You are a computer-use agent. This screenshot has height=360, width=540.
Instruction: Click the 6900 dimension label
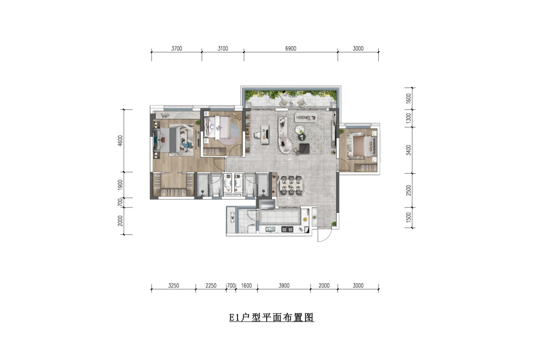(290, 49)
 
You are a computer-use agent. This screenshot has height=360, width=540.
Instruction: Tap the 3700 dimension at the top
(177, 49)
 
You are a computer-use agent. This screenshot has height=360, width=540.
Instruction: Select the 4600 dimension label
(120, 140)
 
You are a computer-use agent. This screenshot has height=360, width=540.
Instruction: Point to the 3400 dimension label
(408, 150)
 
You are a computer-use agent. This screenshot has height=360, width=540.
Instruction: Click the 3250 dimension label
(174, 286)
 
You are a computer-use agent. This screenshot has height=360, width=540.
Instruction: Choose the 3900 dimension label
(284, 286)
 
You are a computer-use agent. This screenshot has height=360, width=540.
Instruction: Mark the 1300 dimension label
(408, 118)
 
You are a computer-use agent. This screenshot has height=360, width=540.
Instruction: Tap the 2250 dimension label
(211, 286)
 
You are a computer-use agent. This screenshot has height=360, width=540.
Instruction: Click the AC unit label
(232, 217)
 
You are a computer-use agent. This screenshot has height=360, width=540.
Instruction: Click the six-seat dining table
(292, 186)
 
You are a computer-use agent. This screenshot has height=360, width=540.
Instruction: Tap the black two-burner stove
(287, 229)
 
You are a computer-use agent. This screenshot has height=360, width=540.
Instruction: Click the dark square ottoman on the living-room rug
(304, 149)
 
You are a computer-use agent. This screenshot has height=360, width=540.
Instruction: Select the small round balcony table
(292, 103)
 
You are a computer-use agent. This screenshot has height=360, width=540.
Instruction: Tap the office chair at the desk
(257, 135)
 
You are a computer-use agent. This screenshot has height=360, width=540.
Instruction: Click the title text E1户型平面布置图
(272, 317)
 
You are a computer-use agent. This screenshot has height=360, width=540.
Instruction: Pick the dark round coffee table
(302, 137)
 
